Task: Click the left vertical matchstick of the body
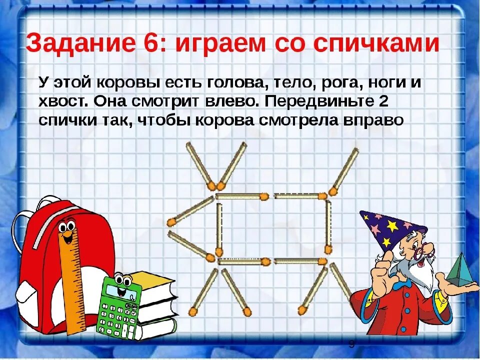click(219, 228)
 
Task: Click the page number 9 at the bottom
click(351, 344)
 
